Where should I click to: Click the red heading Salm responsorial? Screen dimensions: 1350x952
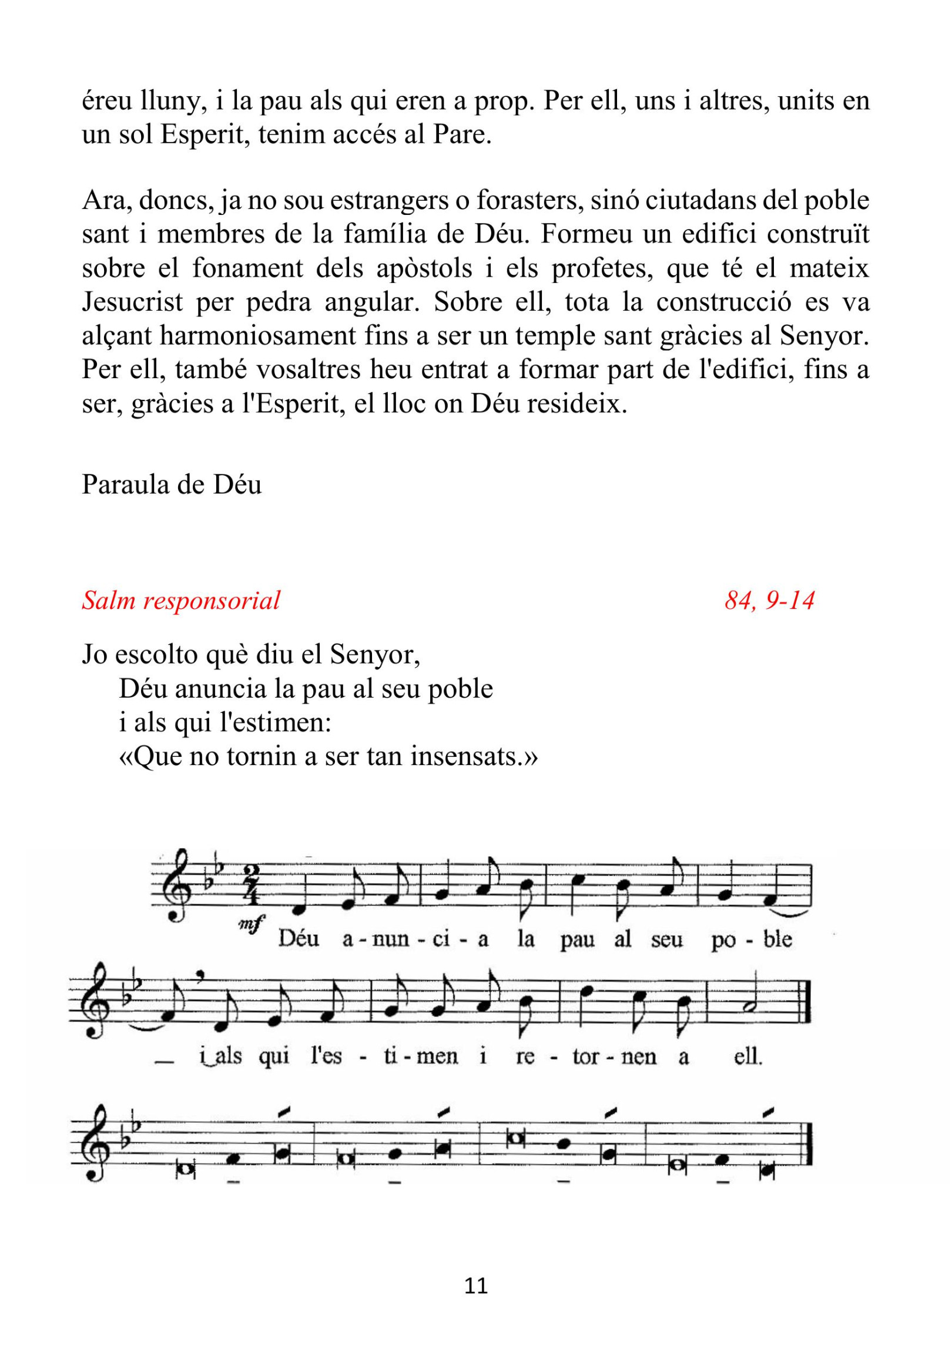[180, 600]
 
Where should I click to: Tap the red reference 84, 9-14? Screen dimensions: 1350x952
[769, 600]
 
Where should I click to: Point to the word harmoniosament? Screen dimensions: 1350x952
[258, 336]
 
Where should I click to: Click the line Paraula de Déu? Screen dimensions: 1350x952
[171, 484]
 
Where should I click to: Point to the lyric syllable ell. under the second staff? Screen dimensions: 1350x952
[748, 1056]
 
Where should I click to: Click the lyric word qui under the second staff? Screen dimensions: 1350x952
[274, 1056]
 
